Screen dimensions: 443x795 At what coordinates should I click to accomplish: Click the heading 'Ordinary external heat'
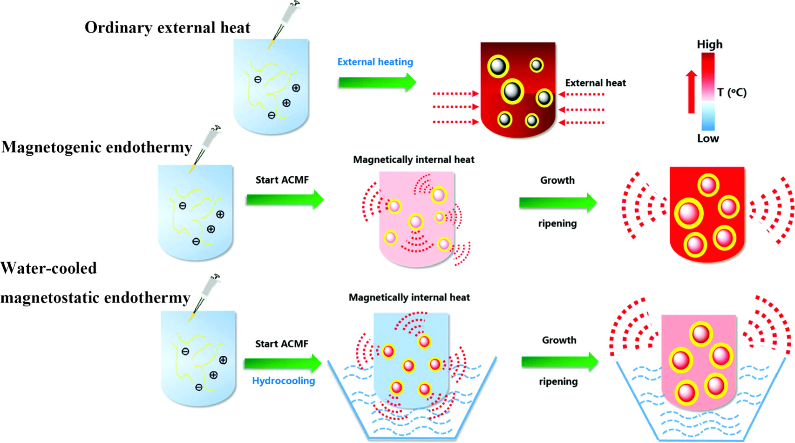pos(167,28)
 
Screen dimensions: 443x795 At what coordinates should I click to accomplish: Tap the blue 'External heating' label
pos(375,62)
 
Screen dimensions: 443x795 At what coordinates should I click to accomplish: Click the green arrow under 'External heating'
pos(377,83)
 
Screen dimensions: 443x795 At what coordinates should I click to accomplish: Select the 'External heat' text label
pos(595,83)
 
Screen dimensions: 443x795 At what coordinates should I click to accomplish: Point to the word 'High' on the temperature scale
pos(709,44)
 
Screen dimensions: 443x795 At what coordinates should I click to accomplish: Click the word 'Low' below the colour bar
pos(707,138)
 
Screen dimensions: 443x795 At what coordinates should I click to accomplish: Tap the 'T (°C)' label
pos(732,93)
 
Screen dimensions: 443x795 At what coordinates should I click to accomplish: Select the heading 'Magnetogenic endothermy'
pos(96,147)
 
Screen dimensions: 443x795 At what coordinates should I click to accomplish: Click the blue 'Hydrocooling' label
pos(283,381)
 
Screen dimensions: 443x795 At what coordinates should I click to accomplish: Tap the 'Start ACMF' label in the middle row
pos(282,180)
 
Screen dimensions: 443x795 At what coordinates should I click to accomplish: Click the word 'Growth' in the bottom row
pos(559,340)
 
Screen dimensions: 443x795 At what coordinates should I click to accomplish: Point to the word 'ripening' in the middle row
pos(557,223)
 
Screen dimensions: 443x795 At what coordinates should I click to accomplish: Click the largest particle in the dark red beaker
pos(512,91)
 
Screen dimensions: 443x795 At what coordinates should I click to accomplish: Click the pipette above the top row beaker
pos(284,23)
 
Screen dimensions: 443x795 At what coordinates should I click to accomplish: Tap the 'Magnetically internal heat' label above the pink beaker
pos(414,159)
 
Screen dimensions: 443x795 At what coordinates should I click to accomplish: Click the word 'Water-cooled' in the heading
pos(49,269)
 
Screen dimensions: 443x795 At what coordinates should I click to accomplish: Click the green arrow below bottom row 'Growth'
pos(559,361)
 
